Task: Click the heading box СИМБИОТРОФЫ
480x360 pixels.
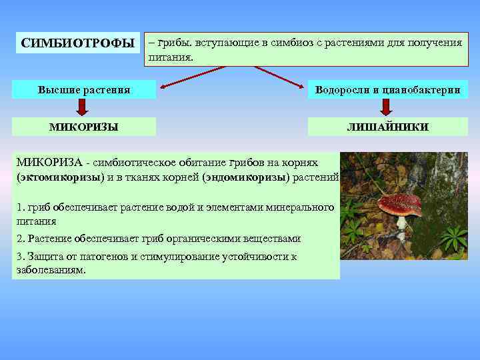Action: pos(77,44)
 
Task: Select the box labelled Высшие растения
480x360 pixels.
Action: pos(84,89)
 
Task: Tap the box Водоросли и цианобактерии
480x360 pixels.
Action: pos(387,89)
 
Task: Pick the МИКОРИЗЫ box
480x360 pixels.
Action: pos(84,127)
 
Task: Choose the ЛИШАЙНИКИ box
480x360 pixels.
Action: pos(387,127)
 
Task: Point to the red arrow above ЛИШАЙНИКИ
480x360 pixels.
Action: pos(387,107)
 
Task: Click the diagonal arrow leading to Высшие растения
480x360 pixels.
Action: pos(193,77)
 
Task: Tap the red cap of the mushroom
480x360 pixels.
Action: pos(400,203)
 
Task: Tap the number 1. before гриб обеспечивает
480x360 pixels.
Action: pos(20,207)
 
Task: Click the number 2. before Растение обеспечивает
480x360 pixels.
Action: pos(20,239)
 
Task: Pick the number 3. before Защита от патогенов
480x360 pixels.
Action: pos(20,257)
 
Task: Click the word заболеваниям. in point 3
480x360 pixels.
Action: pos(51,270)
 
